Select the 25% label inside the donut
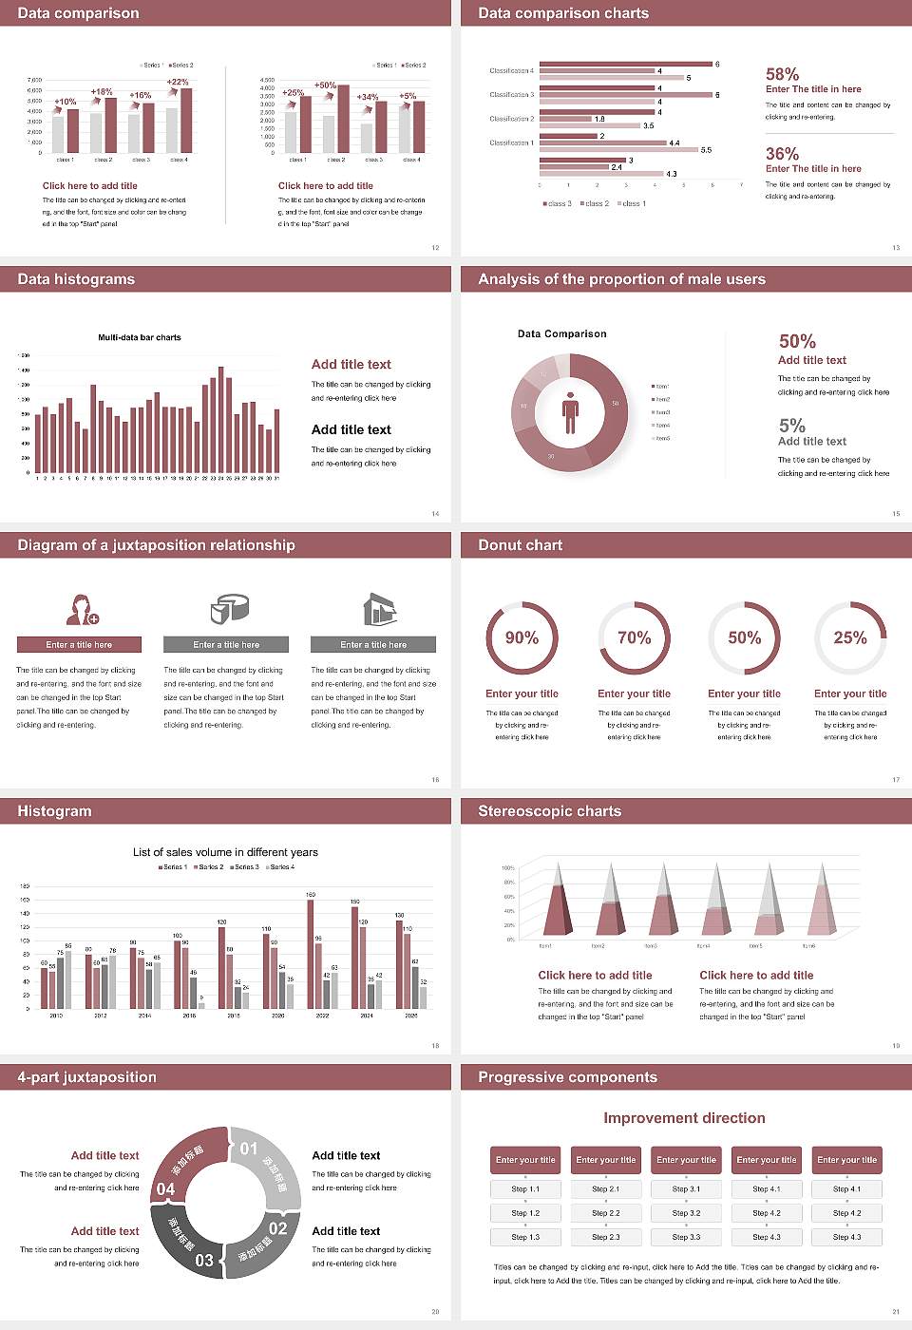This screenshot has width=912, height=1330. click(x=849, y=637)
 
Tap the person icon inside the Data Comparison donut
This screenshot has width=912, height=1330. click(x=570, y=411)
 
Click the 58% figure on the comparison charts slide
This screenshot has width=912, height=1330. click(x=782, y=74)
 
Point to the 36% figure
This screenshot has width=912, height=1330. click(x=782, y=154)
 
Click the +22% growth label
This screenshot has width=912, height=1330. click(x=178, y=82)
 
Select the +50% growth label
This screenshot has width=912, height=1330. click(x=325, y=85)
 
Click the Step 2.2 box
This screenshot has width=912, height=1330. click(x=606, y=1213)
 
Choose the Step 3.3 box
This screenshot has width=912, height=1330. click(x=686, y=1237)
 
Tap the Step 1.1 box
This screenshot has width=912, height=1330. click(x=525, y=1188)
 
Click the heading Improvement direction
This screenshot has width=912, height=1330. click(x=684, y=1118)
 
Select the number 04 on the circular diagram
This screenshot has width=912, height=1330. click(x=165, y=1188)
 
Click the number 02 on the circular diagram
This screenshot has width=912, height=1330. click(x=277, y=1228)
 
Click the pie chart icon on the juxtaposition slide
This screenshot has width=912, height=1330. click(x=228, y=608)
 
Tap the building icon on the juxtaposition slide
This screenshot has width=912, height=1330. click(x=379, y=609)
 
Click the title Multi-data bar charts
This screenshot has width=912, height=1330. click(x=140, y=337)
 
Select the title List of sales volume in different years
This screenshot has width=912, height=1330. click(x=225, y=852)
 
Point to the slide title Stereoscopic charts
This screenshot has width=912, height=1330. click(x=549, y=811)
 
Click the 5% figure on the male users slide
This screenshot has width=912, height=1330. click(x=791, y=426)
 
